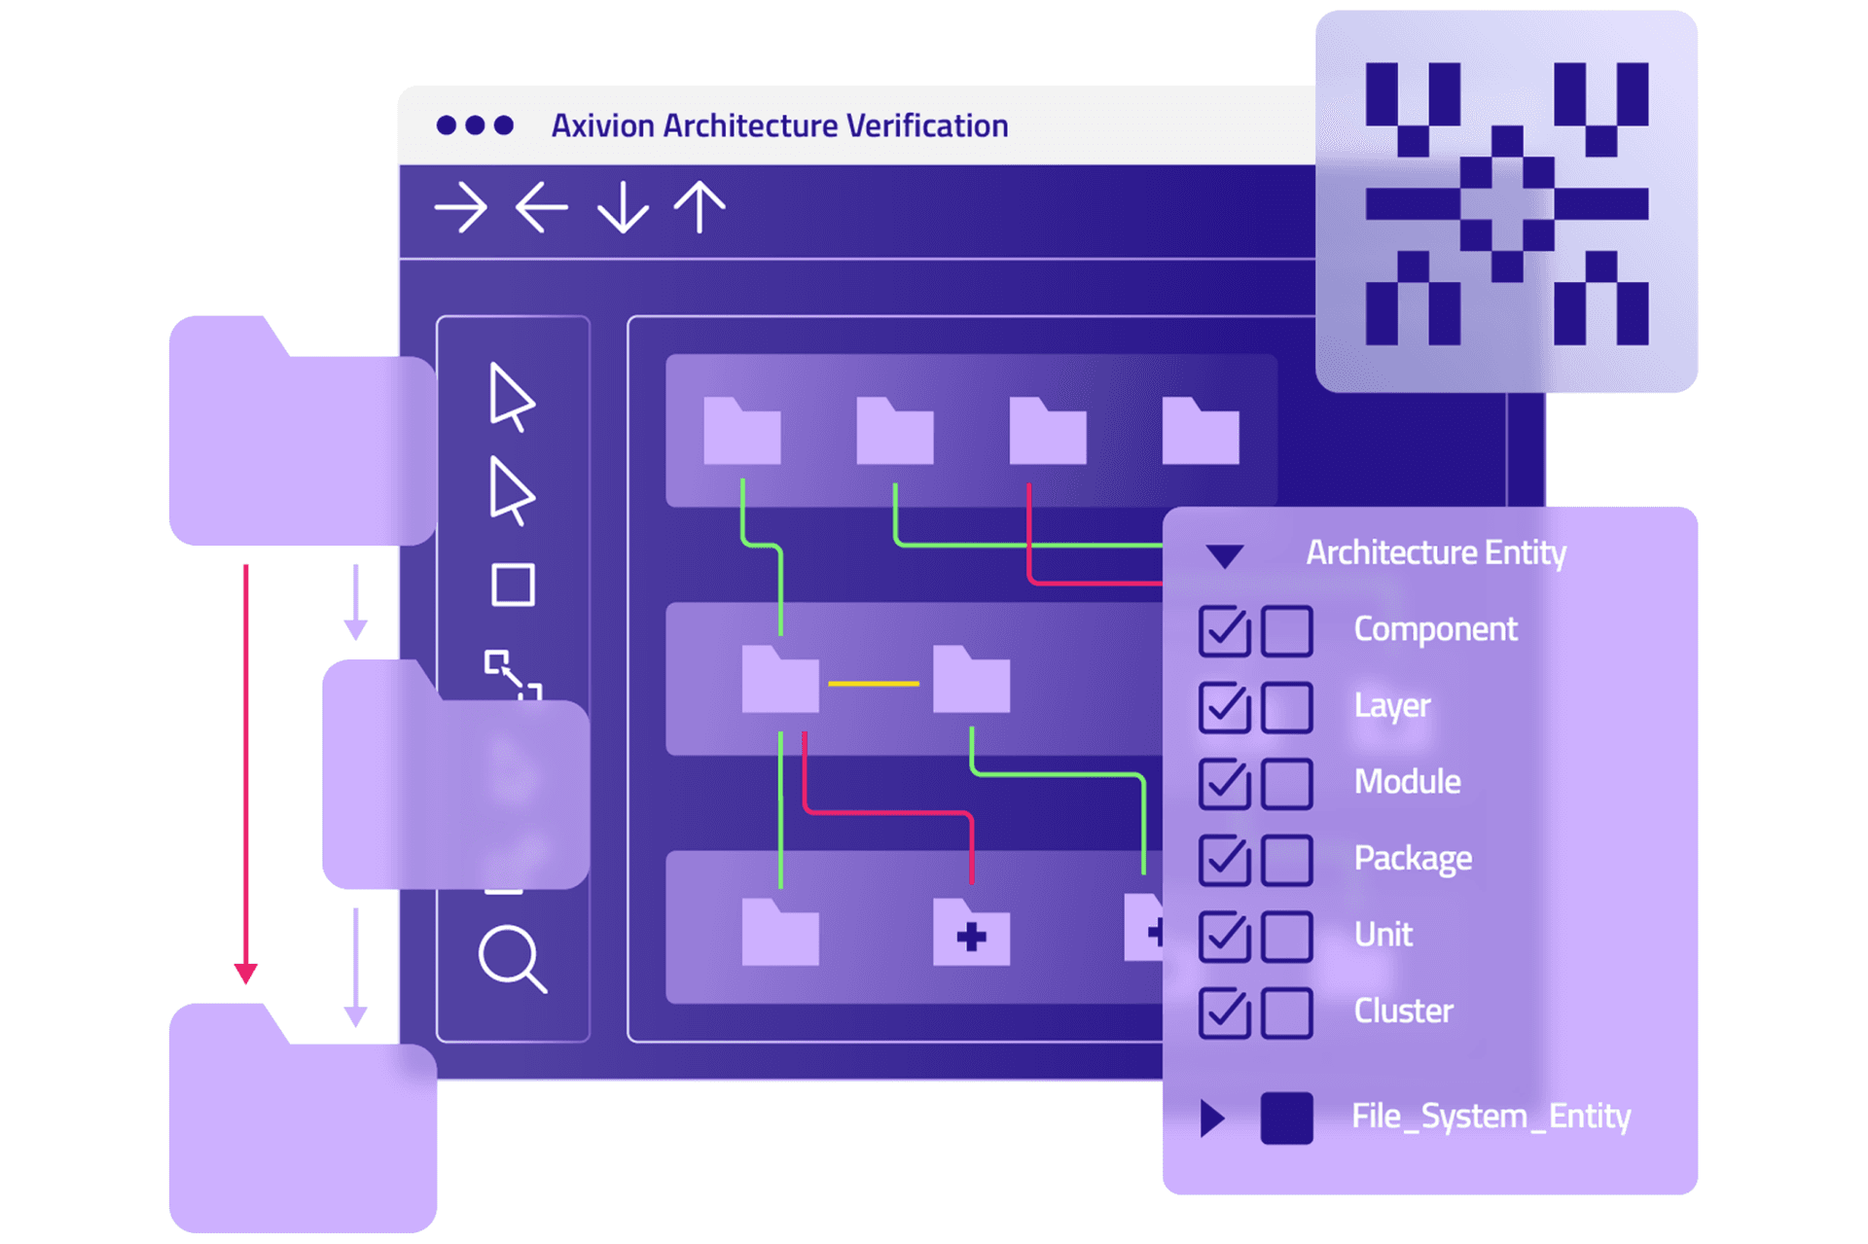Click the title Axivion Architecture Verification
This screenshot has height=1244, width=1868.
click(779, 126)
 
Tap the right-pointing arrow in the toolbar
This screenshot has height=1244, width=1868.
click(460, 208)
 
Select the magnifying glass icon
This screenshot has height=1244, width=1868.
click(512, 959)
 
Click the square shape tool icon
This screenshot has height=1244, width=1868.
click(513, 586)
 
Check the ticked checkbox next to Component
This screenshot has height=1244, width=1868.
click(1224, 630)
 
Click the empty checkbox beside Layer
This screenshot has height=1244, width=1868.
click(1286, 707)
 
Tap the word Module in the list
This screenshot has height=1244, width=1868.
click(1407, 782)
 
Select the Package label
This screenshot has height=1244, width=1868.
click(1413, 859)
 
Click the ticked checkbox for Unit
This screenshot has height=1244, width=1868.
click(1224, 936)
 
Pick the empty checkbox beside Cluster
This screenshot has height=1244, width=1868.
click(1286, 1013)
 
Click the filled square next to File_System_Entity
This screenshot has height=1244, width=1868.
click(1286, 1118)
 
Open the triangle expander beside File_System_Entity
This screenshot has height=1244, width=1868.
click(1211, 1118)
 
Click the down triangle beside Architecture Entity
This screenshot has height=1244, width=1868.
click(1224, 555)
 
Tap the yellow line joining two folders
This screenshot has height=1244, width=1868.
click(874, 684)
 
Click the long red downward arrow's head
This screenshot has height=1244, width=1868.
click(246, 972)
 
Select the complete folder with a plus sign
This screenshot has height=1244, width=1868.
click(971, 934)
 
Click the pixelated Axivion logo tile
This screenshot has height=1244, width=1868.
click(1506, 202)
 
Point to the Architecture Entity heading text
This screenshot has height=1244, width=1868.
click(1435, 552)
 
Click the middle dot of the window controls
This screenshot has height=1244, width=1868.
click(475, 125)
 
